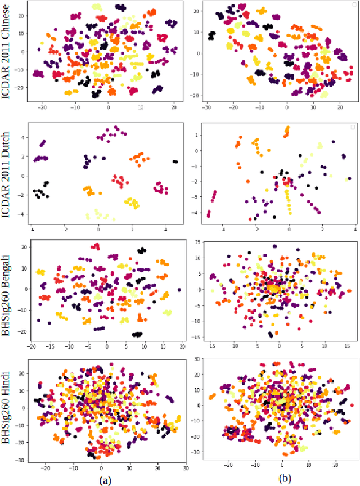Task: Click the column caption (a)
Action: coord(105,479)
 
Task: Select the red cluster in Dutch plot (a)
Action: coord(118,182)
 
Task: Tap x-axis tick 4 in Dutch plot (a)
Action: coord(166,229)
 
